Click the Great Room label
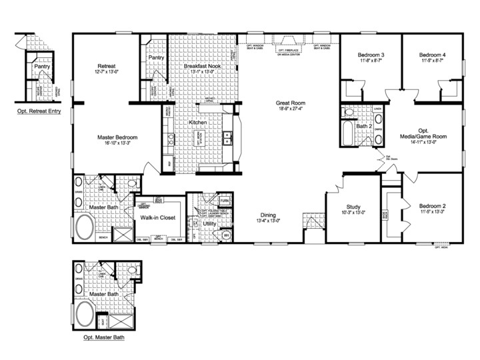click(x=291, y=103)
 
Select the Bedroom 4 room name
click(x=432, y=54)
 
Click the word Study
click(x=353, y=207)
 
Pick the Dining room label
click(x=268, y=215)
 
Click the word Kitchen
click(x=198, y=123)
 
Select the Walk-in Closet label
click(x=157, y=218)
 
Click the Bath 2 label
click(x=363, y=125)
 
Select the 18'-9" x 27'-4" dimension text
click(x=291, y=111)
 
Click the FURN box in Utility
click(x=225, y=200)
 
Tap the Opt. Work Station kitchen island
click(x=197, y=138)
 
